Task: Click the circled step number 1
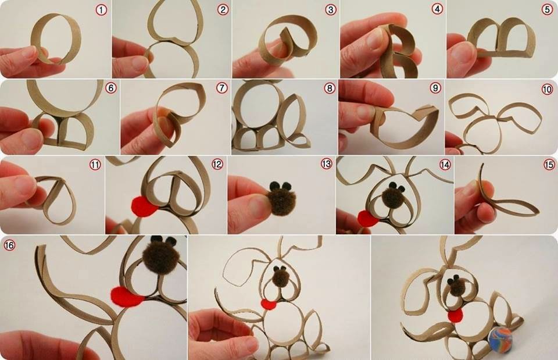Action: (101, 10)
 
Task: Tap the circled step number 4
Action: (437, 9)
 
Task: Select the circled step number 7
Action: (221, 88)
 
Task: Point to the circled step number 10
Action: (548, 89)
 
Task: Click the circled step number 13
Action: (326, 164)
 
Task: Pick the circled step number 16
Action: (9, 245)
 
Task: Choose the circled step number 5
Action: (548, 10)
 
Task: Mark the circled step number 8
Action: (330, 88)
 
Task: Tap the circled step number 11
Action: (95, 165)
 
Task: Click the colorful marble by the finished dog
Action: (500, 338)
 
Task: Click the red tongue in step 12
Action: (145, 206)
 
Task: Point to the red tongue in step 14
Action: (368, 218)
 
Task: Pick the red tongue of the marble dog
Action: (456, 315)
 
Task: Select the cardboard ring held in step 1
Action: (57, 39)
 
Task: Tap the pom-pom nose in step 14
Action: (392, 195)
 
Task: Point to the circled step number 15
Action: (549, 165)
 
